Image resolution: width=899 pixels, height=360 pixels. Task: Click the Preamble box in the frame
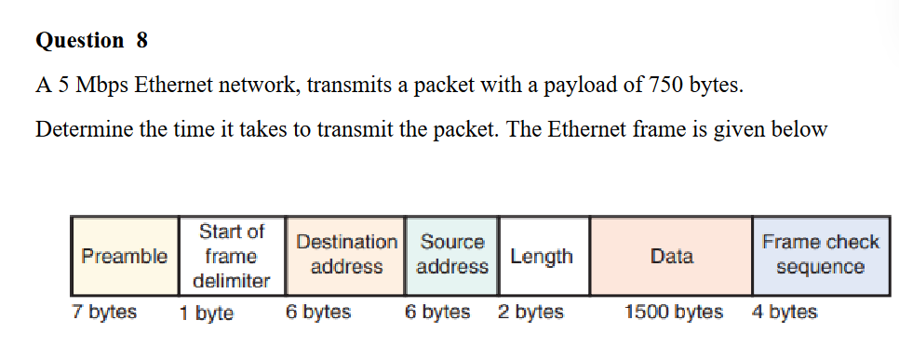tap(125, 256)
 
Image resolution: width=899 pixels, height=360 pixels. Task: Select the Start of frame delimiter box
tap(232, 256)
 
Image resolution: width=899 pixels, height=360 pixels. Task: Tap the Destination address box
tap(346, 255)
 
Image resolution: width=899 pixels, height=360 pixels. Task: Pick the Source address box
tap(452, 255)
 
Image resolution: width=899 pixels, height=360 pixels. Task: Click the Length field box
tap(542, 256)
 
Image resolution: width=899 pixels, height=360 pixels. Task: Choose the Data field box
tap(671, 256)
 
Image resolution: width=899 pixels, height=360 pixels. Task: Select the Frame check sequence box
tap(819, 255)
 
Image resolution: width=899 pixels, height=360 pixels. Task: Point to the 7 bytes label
tap(104, 313)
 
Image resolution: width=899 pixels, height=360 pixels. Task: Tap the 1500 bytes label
tap(674, 313)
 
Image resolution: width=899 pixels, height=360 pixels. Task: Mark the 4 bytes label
tap(784, 313)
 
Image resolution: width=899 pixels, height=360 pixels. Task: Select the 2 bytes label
tap(530, 313)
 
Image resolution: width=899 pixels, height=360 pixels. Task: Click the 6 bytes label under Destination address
tap(318, 313)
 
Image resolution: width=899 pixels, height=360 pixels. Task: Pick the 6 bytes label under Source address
tap(437, 313)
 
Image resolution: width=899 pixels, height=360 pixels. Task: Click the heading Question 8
tap(91, 41)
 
